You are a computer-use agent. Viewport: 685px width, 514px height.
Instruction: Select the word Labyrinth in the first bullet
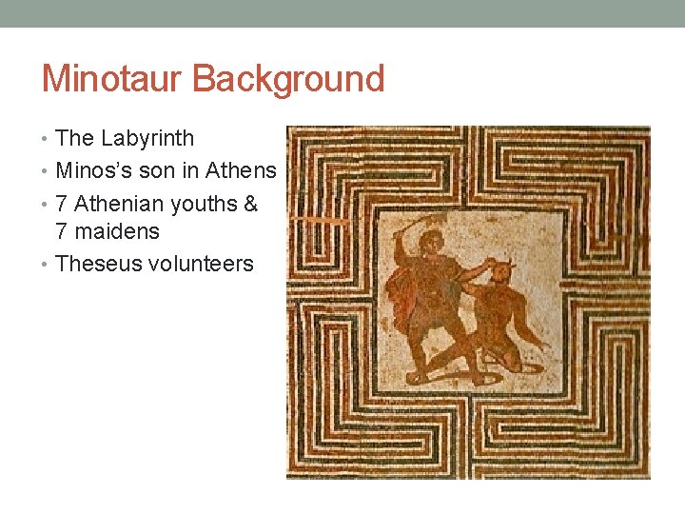147,138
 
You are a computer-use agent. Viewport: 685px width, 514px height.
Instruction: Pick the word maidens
119,231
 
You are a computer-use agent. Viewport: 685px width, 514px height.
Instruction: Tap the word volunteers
202,264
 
